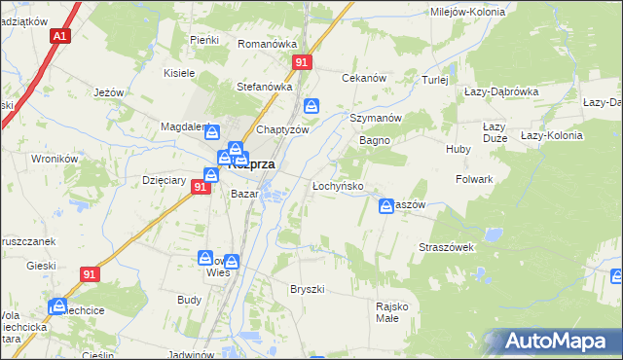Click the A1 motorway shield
pos(60,36)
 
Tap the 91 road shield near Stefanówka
pos(302,62)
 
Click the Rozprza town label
pos(251,165)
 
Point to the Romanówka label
pos(267,44)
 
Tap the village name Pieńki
pos(204,40)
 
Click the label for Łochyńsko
pos(338,185)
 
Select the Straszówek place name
pos(446,247)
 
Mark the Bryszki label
pos(307,290)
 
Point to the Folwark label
pos(475,180)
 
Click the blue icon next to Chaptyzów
pos(311,106)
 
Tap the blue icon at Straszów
pos(386,205)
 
